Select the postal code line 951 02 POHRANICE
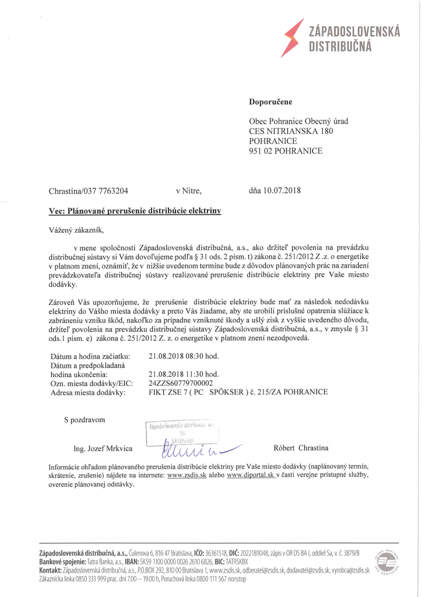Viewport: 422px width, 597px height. [286, 151]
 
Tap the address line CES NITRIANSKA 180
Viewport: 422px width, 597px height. [291, 131]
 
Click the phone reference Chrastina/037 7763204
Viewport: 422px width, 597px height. [89, 191]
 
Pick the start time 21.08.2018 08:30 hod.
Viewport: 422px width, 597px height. [184, 356]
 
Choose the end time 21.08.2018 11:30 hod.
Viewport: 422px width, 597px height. [184, 374]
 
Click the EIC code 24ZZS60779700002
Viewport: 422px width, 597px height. [181, 383]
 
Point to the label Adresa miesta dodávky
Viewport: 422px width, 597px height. [88, 392]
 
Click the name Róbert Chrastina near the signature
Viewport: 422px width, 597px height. [301, 448]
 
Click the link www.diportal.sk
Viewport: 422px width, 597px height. [251, 476]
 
